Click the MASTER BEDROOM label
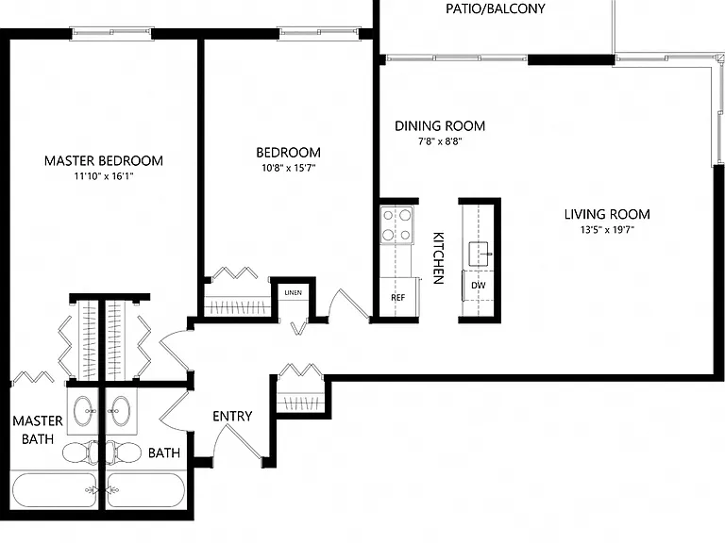point(104,160)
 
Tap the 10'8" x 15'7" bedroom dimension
point(289,168)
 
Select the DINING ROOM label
point(440,126)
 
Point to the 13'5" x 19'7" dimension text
point(607,229)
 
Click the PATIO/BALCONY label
point(496,8)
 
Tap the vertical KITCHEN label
point(438,258)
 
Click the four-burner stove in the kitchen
point(396,225)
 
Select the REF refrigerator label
point(397,298)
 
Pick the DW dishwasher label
point(479,286)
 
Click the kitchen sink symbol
point(479,254)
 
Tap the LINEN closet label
point(294,293)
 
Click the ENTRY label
point(232,416)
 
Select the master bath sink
point(83,411)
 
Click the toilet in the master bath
point(79,452)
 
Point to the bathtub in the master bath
point(55,490)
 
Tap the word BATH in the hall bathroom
point(164,452)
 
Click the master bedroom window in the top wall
point(111,32)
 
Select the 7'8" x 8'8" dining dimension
point(440,141)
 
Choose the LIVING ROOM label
point(607,214)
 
